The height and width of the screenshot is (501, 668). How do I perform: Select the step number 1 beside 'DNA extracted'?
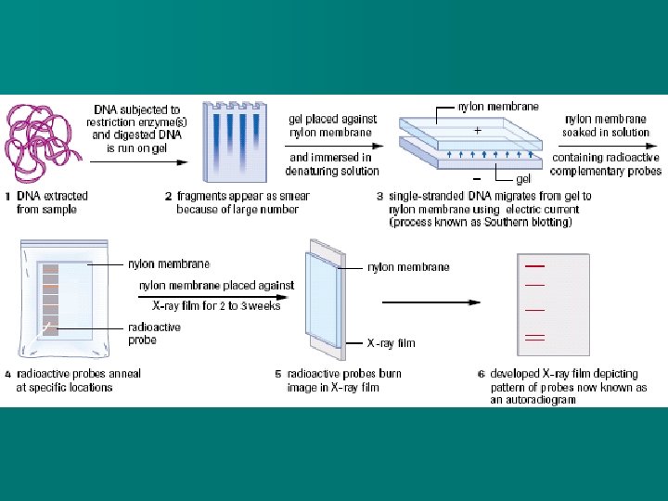[8, 197]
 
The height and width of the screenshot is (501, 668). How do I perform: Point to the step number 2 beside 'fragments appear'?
[168, 197]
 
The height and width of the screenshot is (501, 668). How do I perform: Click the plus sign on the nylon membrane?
[477, 131]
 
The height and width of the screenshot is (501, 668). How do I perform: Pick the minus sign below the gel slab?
[476, 175]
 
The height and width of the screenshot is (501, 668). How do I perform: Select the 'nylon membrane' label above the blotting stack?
[498, 107]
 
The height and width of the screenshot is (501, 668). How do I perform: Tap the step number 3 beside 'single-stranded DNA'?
[379, 197]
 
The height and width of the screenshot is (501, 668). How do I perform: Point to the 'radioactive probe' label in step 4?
[154, 333]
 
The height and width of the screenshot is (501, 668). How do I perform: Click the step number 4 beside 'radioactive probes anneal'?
[8, 374]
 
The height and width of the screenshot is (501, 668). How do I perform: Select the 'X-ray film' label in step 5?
[391, 343]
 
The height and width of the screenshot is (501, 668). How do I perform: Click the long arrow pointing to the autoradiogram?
[431, 302]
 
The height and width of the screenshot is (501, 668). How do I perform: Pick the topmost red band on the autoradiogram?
[534, 266]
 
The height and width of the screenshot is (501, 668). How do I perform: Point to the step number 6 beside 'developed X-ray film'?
[481, 375]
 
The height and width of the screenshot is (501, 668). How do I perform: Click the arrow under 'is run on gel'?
[129, 161]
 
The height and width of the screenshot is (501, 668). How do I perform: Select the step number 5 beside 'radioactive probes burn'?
[277, 374]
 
